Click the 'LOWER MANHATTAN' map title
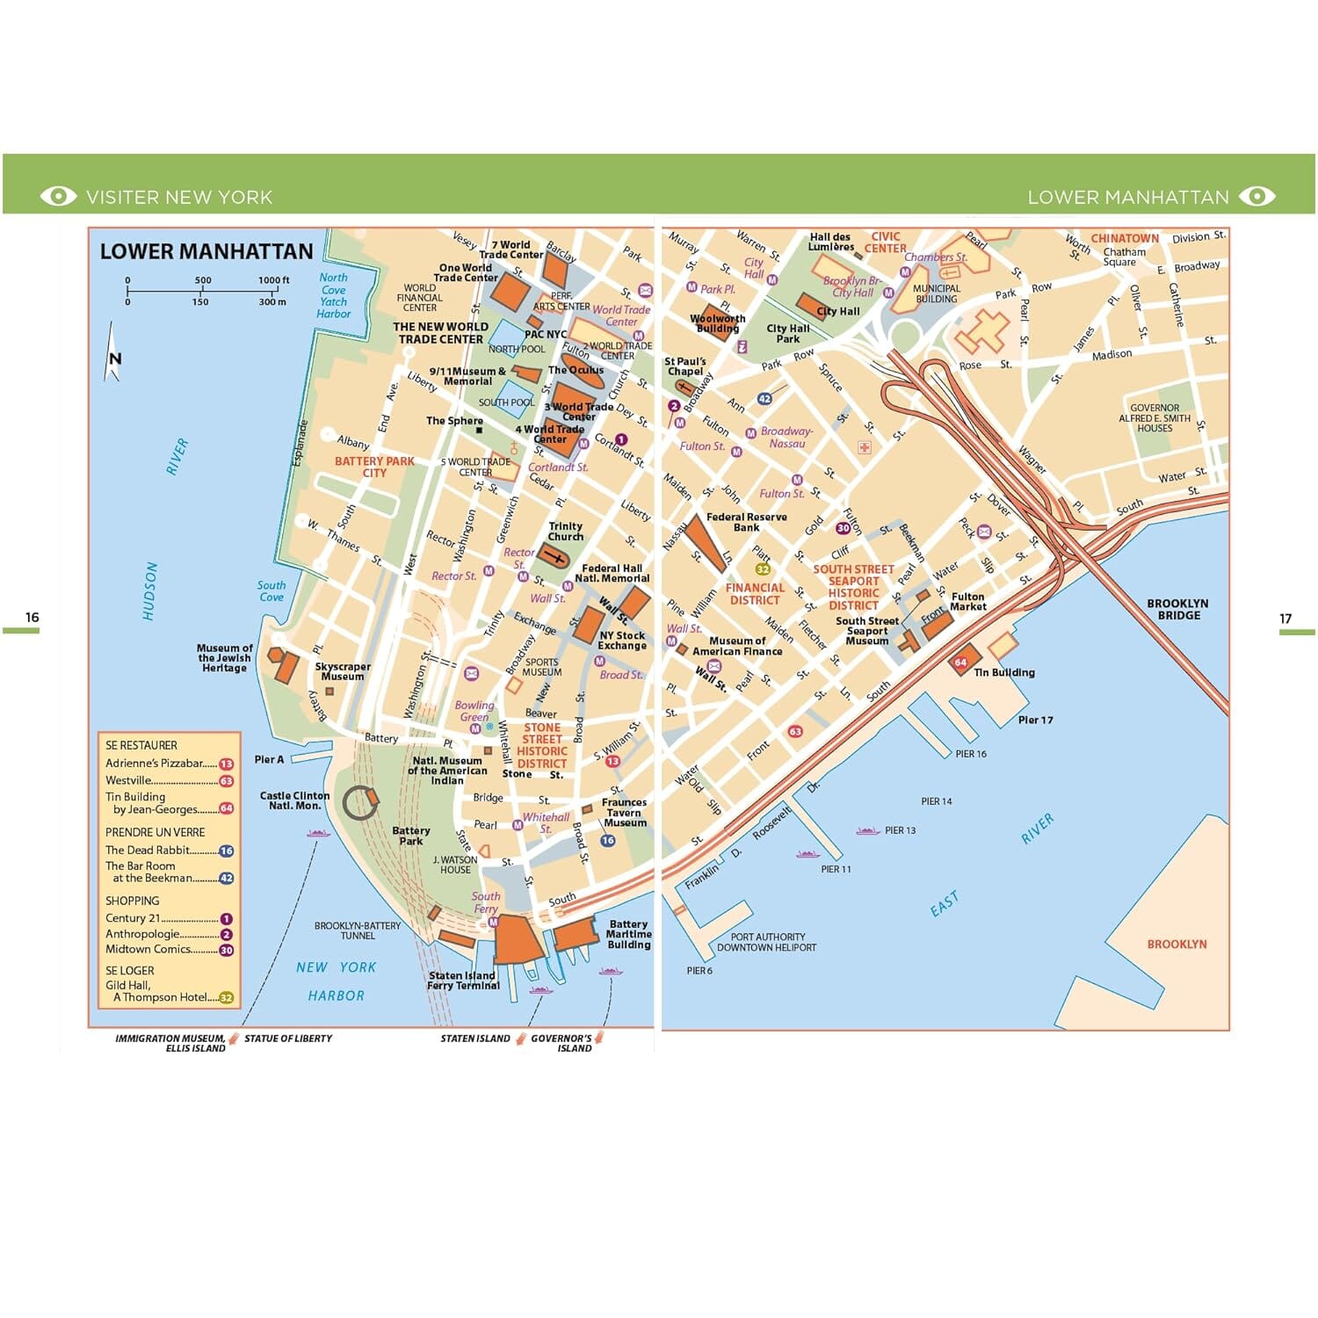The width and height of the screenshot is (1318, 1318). [206, 252]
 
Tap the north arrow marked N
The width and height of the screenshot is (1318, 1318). [113, 356]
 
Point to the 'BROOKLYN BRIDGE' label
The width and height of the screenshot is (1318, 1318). [1177, 610]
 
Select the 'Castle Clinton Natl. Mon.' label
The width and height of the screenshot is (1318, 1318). [294, 800]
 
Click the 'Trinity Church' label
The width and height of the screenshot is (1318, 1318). [565, 532]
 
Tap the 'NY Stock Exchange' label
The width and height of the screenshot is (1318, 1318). [622, 641]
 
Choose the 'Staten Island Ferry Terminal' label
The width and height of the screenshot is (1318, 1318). [463, 981]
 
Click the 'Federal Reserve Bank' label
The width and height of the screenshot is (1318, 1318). [746, 523]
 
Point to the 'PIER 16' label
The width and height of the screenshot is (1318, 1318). [971, 754]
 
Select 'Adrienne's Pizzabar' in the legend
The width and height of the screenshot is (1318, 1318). [155, 764]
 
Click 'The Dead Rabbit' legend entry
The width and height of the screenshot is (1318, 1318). [148, 851]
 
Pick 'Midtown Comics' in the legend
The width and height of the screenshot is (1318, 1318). [148, 949]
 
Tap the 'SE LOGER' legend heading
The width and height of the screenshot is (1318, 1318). [130, 971]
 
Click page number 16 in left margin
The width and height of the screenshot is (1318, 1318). [33, 618]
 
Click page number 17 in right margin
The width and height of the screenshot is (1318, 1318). [1285, 619]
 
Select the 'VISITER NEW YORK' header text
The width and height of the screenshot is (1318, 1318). [179, 197]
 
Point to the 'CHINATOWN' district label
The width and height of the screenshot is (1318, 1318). [1125, 238]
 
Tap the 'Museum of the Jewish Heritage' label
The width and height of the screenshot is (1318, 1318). [225, 658]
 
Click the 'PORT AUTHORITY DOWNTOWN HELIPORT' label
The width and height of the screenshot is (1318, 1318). [766, 942]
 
